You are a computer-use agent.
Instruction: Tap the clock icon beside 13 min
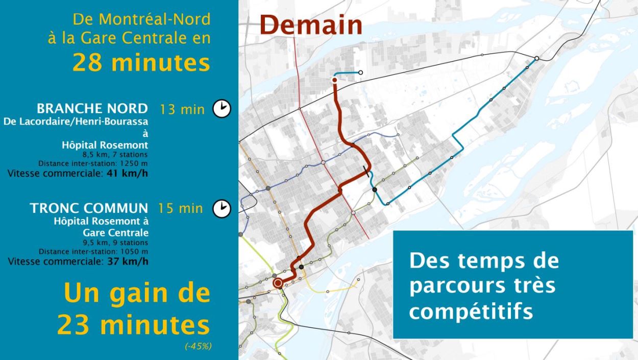(x=222, y=109)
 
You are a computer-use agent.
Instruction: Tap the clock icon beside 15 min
(x=222, y=208)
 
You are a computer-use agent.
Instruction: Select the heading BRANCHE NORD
(x=92, y=109)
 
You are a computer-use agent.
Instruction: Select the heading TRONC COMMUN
(x=89, y=208)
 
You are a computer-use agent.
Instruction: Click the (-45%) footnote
(x=198, y=346)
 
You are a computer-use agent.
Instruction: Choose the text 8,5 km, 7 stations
(x=115, y=154)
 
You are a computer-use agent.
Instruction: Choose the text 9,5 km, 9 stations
(x=115, y=243)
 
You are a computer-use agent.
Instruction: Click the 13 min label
(x=182, y=109)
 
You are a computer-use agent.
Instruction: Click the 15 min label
(x=180, y=208)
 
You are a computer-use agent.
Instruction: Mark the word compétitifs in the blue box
(x=471, y=310)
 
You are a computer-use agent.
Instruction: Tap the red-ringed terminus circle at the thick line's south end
(x=278, y=283)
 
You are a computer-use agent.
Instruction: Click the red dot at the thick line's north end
(x=335, y=80)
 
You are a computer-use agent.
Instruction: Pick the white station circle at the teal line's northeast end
(x=537, y=59)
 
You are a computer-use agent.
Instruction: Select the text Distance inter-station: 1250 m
(x=93, y=163)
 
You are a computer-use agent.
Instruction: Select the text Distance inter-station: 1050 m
(x=93, y=252)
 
